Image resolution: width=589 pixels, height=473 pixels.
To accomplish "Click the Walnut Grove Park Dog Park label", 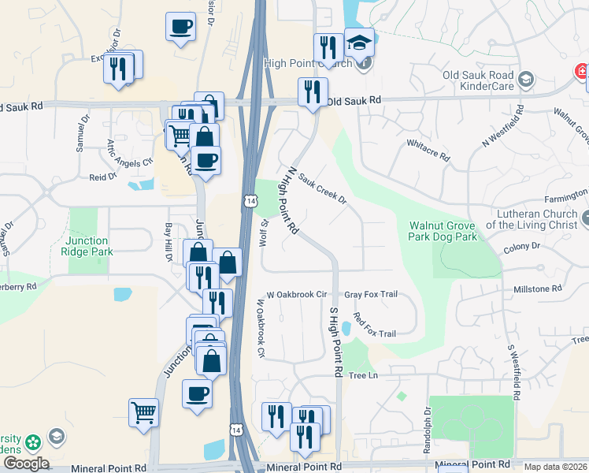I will (443, 230).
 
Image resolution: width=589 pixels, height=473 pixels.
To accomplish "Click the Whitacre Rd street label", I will (428, 150).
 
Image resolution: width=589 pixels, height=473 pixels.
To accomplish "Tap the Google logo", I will (25, 464).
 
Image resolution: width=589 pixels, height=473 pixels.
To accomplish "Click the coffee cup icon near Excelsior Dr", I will (181, 27).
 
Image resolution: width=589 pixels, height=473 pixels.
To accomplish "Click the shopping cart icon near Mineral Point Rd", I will (144, 412).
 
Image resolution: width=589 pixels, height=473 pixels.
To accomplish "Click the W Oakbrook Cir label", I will (296, 294).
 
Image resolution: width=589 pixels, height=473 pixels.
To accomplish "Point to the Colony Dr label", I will (524, 246).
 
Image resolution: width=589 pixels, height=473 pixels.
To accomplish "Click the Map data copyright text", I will (555, 467).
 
